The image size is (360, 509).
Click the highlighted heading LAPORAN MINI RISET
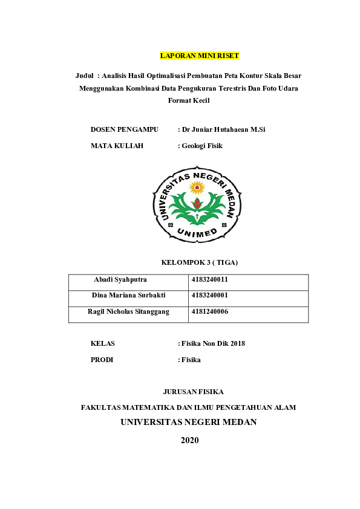199,56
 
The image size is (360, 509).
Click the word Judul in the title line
84,76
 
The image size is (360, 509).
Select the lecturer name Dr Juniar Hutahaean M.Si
223,129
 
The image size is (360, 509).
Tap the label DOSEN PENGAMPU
124,129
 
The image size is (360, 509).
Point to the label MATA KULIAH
117,145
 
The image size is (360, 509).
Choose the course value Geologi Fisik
202,145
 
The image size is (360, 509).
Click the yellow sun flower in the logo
197,187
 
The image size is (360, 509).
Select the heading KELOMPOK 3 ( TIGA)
199,262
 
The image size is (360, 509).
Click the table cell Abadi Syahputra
120,280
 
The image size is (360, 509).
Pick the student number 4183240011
209,280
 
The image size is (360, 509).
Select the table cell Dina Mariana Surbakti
128,296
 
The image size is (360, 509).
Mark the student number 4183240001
209,296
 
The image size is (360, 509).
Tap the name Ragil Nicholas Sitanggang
128,311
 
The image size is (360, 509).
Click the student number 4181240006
209,311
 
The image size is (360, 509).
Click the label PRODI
102,359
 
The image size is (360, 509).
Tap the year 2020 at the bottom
189,440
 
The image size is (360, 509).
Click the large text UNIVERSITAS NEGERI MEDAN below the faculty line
189,422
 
